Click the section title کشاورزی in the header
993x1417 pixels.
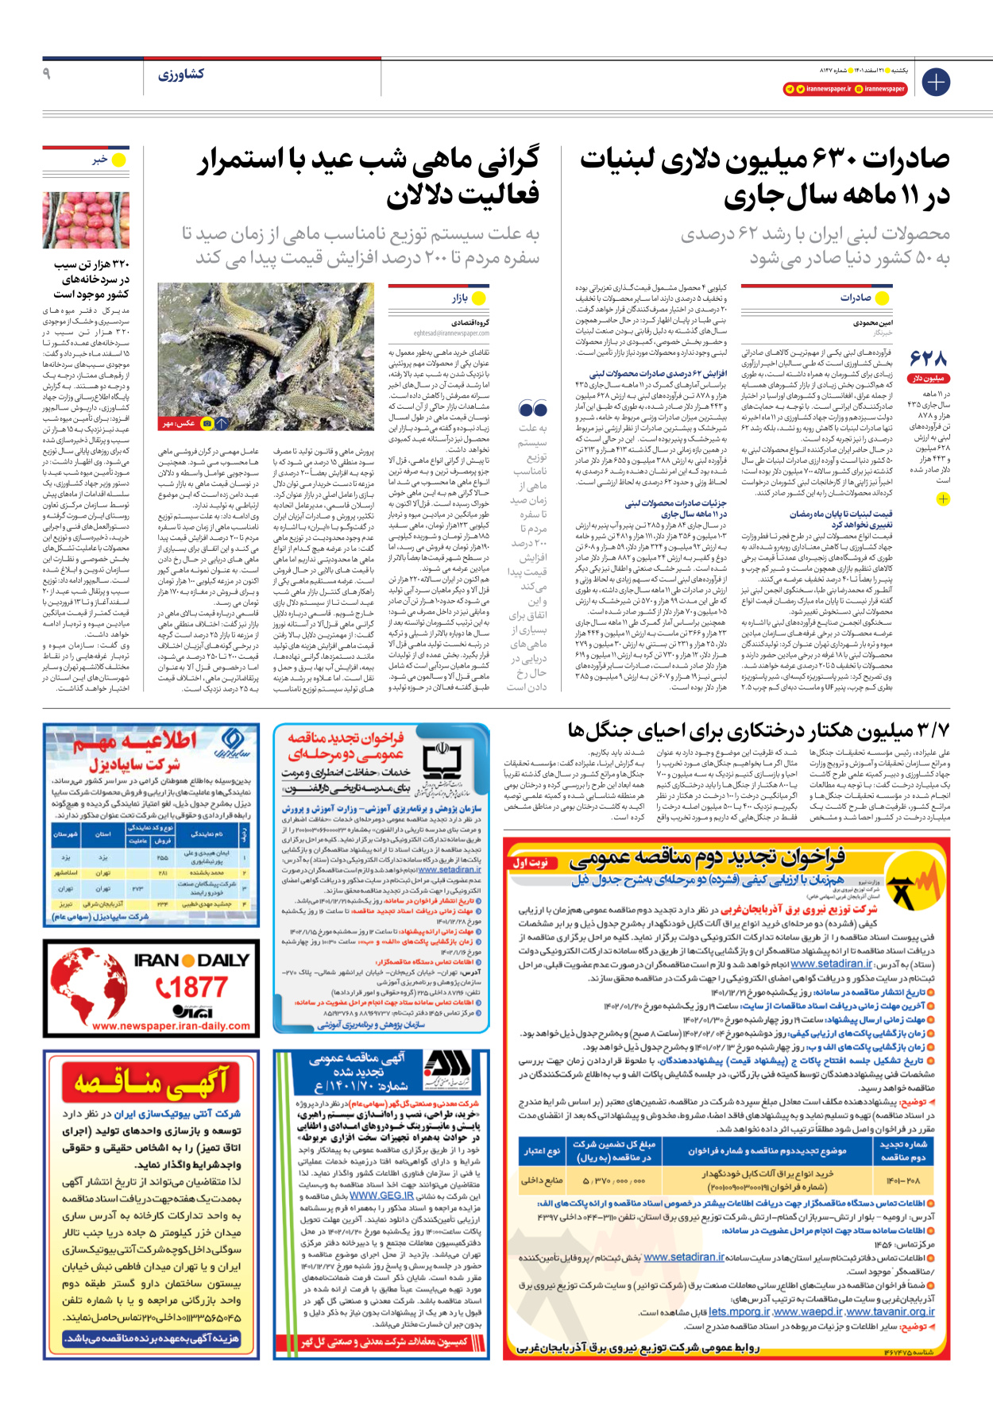[x=181, y=75]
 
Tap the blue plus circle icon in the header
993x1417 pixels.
[x=936, y=82]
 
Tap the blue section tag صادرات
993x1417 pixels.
[x=856, y=298]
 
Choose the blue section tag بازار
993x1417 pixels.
[x=460, y=298]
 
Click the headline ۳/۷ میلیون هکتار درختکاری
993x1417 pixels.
[x=758, y=729]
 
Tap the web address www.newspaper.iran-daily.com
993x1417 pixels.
[x=171, y=1026]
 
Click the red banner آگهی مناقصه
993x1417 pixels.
[x=151, y=1081]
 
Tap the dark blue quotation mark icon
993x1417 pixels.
[x=532, y=409]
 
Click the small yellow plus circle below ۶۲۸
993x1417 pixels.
[x=942, y=499]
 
